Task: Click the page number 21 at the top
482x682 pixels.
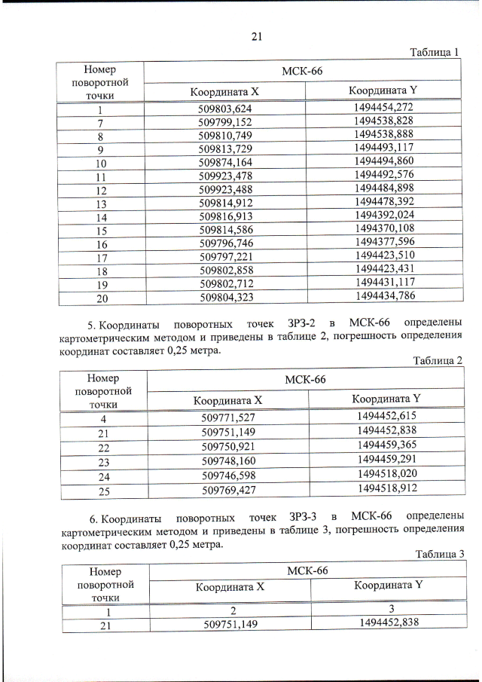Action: pyautogui.click(x=255, y=36)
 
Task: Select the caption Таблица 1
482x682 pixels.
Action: pyautogui.click(x=435, y=52)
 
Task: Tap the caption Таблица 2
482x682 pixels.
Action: pyautogui.click(x=438, y=360)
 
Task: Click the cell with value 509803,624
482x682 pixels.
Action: pyautogui.click(x=225, y=109)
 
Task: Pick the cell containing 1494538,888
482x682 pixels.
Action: pyautogui.click(x=383, y=134)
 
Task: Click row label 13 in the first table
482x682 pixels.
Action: pyautogui.click(x=101, y=203)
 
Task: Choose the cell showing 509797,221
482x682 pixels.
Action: pyautogui.click(x=225, y=257)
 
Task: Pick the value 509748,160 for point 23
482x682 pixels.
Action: pyautogui.click(x=227, y=460)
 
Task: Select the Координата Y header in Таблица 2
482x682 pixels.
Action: pyautogui.click(x=386, y=398)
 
